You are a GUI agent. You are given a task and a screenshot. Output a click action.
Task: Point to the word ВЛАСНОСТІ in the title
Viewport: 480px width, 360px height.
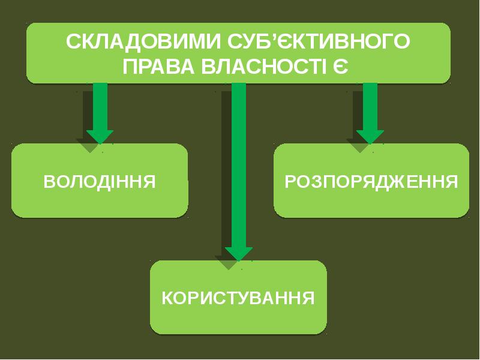tap(263, 66)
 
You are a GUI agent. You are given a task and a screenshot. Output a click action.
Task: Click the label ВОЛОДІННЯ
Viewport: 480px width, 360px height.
tap(100, 181)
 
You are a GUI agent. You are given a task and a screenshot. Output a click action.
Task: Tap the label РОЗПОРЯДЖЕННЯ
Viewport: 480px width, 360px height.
tap(371, 181)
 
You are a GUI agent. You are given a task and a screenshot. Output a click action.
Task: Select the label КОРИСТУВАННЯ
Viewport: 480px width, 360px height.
tap(238, 298)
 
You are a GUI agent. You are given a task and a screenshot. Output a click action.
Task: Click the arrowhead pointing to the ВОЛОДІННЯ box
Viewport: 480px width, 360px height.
tap(100, 136)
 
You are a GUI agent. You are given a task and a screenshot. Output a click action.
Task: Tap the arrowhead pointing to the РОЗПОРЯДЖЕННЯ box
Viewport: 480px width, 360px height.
tap(370, 136)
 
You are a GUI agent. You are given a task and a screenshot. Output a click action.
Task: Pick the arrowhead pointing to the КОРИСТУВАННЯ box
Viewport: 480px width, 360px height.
tap(238, 253)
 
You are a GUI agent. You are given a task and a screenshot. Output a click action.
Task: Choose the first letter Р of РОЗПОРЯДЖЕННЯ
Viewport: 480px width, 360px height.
tap(289, 181)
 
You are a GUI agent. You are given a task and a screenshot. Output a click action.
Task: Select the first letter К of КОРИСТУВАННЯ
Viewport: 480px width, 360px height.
tap(167, 298)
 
